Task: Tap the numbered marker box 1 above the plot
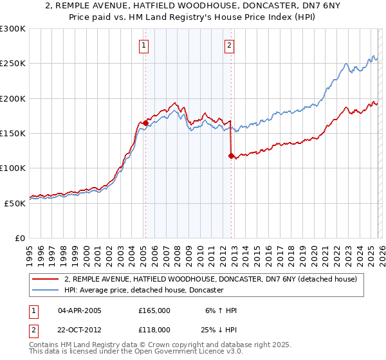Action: pyautogui.click(x=143, y=45)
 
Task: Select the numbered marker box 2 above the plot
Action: pyautogui.click(x=230, y=45)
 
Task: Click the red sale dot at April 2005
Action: pyautogui.click(x=146, y=123)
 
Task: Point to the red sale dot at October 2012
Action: pyautogui.click(x=232, y=156)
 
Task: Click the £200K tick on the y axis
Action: pyautogui.click(x=14, y=99)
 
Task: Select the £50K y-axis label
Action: pyautogui.click(x=16, y=203)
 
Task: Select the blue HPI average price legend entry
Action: pyautogui.click(x=143, y=291)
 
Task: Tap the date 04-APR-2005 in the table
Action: pyautogui.click(x=80, y=310)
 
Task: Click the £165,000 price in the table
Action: pyautogui.click(x=154, y=310)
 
